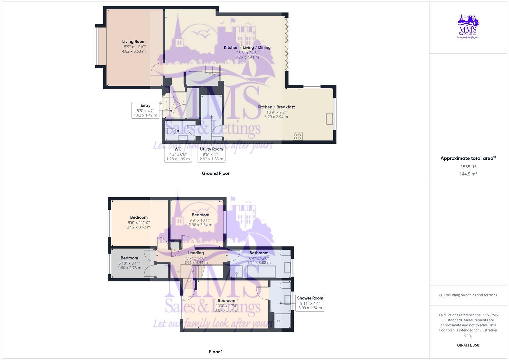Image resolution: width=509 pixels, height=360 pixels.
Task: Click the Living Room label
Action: (x=134, y=42)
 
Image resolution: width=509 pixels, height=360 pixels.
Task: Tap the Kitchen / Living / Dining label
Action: (x=247, y=48)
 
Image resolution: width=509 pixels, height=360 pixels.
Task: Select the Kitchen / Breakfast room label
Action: (x=276, y=107)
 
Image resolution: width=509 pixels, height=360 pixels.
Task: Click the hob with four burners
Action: (x=297, y=136)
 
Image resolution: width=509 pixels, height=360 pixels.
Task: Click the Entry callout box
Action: (x=145, y=110)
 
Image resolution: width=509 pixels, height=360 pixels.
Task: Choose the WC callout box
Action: (x=178, y=154)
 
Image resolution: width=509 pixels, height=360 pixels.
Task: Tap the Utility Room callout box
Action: (x=211, y=154)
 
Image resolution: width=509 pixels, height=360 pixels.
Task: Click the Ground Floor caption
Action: (x=216, y=173)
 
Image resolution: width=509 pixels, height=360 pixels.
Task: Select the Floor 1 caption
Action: (x=216, y=352)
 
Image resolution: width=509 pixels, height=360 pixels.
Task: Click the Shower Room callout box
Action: (x=310, y=303)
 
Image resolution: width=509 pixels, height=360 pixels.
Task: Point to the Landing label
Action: (x=196, y=253)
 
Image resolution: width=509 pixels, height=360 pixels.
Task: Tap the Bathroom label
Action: (x=259, y=253)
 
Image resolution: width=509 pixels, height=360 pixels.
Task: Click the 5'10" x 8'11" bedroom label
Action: (x=129, y=258)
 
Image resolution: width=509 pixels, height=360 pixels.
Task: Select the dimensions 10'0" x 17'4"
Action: (x=227, y=306)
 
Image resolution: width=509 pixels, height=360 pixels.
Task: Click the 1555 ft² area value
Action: (x=468, y=167)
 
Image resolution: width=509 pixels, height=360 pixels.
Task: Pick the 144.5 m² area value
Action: (x=468, y=174)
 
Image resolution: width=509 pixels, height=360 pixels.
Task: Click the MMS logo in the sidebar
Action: (x=468, y=27)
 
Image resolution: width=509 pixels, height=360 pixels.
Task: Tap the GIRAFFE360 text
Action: (x=468, y=345)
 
